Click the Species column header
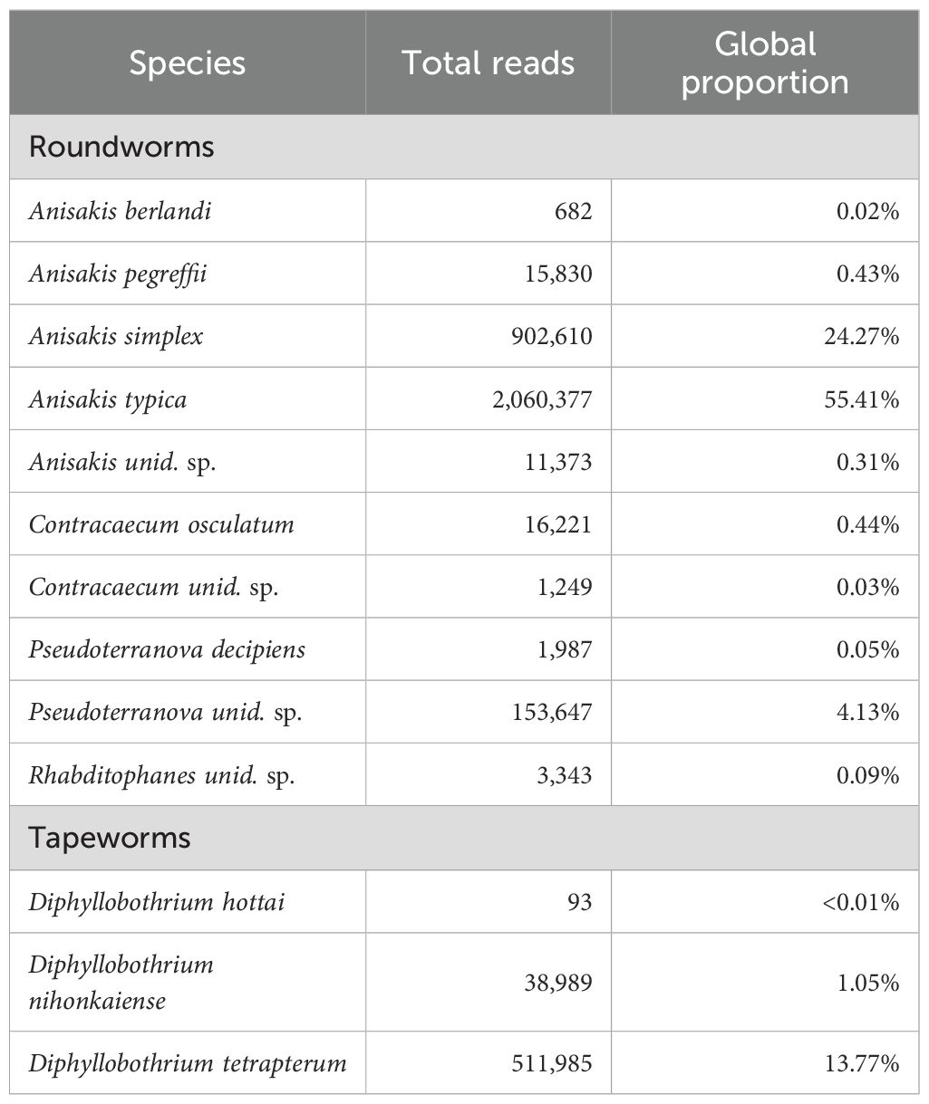tap(187, 63)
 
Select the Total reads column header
tap(488, 63)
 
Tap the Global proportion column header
tap(765, 63)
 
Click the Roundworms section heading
tap(121, 147)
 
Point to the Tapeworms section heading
tap(110, 838)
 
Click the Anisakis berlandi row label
tap(121, 211)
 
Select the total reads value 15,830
tap(556, 274)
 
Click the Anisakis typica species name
tap(108, 398)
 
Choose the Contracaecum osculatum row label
tap(161, 524)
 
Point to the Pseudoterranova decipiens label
tap(167, 649)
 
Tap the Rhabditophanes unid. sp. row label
tap(162, 775)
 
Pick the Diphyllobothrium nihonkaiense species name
tap(121, 982)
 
